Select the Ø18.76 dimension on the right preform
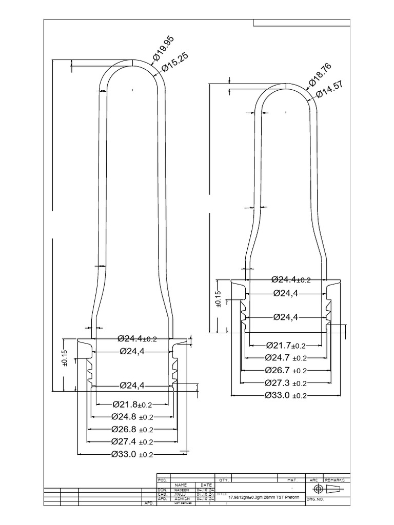(321, 74)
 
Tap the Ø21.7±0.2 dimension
(286, 346)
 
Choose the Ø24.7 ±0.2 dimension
(286, 358)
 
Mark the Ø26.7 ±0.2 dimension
(286, 370)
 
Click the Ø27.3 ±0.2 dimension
(286, 383)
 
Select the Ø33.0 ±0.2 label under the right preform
(286, 395)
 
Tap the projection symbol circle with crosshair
(318, 489)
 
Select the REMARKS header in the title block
(337, 480)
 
